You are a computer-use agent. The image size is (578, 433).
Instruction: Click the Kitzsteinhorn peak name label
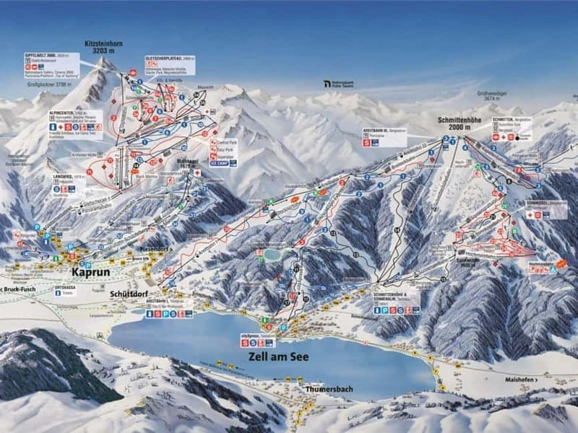click(x=103, y=48)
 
